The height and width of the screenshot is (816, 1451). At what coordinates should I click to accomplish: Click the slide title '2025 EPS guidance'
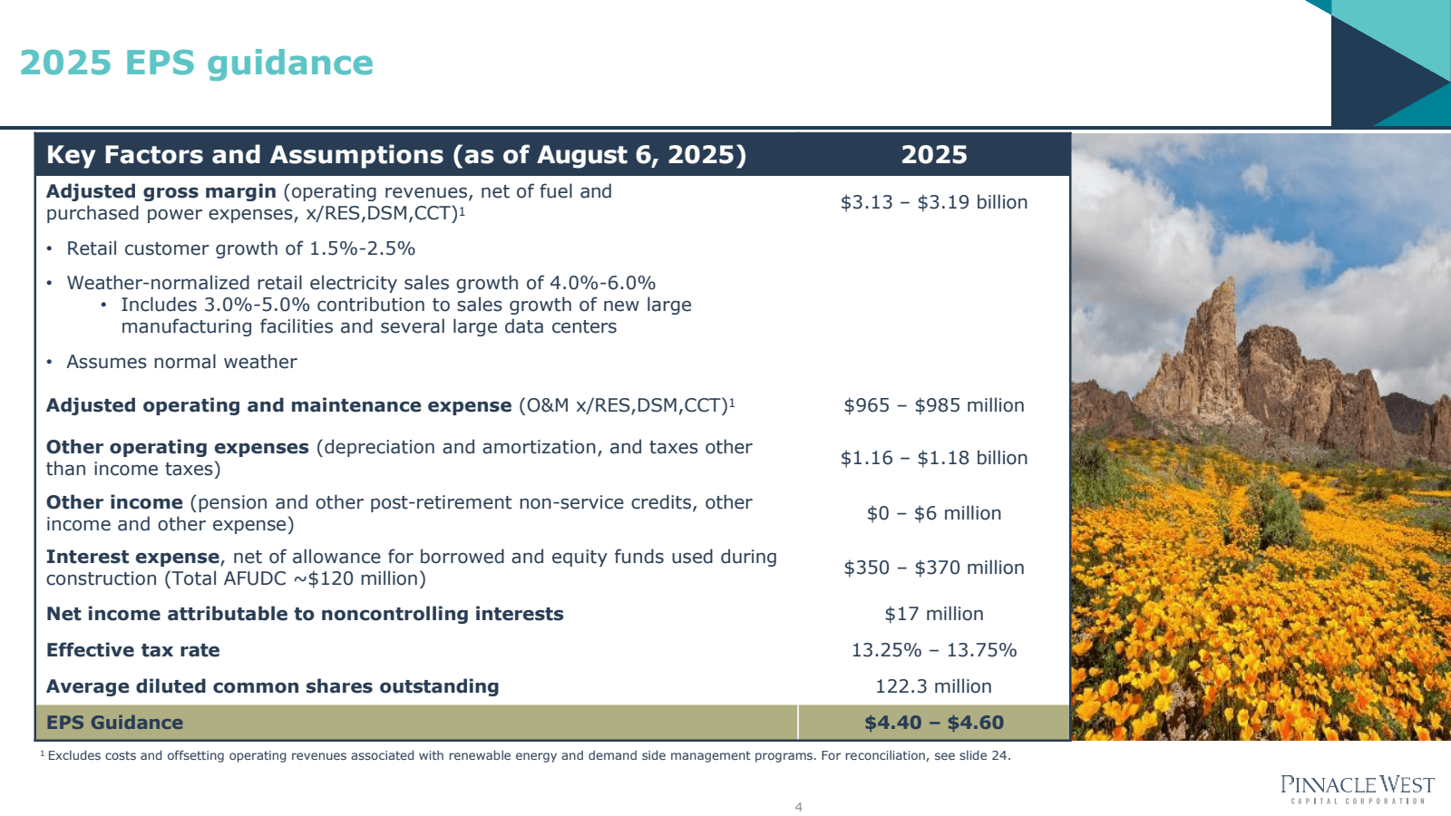(196, 63)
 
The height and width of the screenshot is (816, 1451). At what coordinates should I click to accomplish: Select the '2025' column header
(933, 155)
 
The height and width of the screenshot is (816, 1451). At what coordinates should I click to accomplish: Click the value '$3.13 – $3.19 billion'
(933, 202)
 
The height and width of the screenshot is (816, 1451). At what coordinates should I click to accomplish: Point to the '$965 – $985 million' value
(933, 405)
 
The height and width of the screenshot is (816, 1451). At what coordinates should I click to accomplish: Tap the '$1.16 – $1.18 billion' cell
(933, 458)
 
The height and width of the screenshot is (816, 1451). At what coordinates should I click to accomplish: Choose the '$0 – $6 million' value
(933, 513)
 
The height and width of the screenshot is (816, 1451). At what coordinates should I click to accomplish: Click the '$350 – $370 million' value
(933, 568)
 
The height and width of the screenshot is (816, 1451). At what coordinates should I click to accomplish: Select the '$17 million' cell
(933, 614)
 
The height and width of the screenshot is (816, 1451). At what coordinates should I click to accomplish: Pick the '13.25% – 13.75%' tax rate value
(933, 650)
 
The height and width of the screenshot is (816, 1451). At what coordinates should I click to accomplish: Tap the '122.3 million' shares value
(933, 686)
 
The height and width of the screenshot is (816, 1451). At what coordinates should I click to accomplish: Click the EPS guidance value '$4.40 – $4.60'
(933, 723)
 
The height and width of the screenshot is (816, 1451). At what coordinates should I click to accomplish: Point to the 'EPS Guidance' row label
(114, 723)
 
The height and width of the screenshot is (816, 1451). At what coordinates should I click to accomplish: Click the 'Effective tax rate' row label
(132, 650)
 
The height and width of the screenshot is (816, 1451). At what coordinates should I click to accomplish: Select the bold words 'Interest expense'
(132, 557)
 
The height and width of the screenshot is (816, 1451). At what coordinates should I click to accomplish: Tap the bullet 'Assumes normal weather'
(181, 362)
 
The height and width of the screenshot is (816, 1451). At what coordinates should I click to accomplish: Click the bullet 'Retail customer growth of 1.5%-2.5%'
(240, 248)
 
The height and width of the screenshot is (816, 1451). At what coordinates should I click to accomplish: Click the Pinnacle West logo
(1357, 788)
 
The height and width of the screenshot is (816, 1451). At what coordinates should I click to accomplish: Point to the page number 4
(798, 807)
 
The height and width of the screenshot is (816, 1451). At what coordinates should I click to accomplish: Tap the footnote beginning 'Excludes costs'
(526, 755)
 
